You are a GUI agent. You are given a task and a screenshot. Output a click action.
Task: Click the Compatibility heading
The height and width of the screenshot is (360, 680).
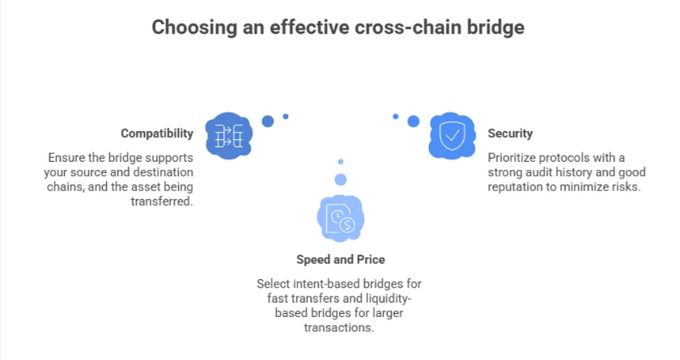pos(157,133)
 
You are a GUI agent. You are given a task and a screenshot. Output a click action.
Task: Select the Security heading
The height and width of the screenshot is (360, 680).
pos(510,133)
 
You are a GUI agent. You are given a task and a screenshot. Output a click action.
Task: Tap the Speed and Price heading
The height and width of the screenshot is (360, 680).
pos(340,260)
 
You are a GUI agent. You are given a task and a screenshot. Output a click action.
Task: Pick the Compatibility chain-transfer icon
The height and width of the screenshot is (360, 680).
pos(229,134)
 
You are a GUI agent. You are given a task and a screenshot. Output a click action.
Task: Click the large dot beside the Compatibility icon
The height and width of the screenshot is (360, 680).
pos(268,121)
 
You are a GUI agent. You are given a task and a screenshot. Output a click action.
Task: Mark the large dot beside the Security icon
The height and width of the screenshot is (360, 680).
pos(413,121)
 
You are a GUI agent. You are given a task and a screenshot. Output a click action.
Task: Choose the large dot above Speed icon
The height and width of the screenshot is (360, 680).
pos(340,179)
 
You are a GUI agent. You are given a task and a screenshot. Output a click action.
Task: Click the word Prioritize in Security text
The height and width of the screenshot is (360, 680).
pos(514,157)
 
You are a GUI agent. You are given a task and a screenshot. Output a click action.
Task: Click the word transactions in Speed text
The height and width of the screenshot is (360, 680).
pos(339,328)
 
